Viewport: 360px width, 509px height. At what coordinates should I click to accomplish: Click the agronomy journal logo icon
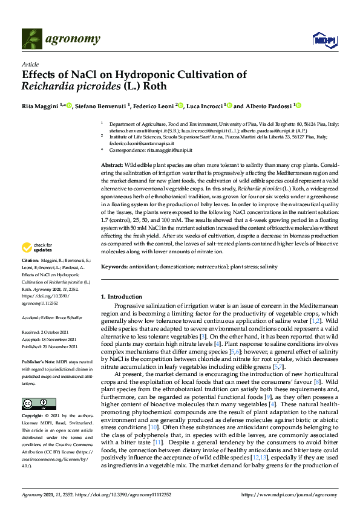31,39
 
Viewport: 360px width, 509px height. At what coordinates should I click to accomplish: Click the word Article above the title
30,63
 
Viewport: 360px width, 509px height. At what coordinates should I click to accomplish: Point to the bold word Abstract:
112,165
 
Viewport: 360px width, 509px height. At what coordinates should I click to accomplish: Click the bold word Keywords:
114,267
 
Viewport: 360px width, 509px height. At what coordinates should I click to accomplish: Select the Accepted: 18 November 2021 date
51,339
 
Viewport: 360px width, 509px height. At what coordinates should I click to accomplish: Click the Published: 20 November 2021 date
51,346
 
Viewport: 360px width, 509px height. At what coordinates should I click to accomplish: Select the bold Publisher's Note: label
38,361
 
